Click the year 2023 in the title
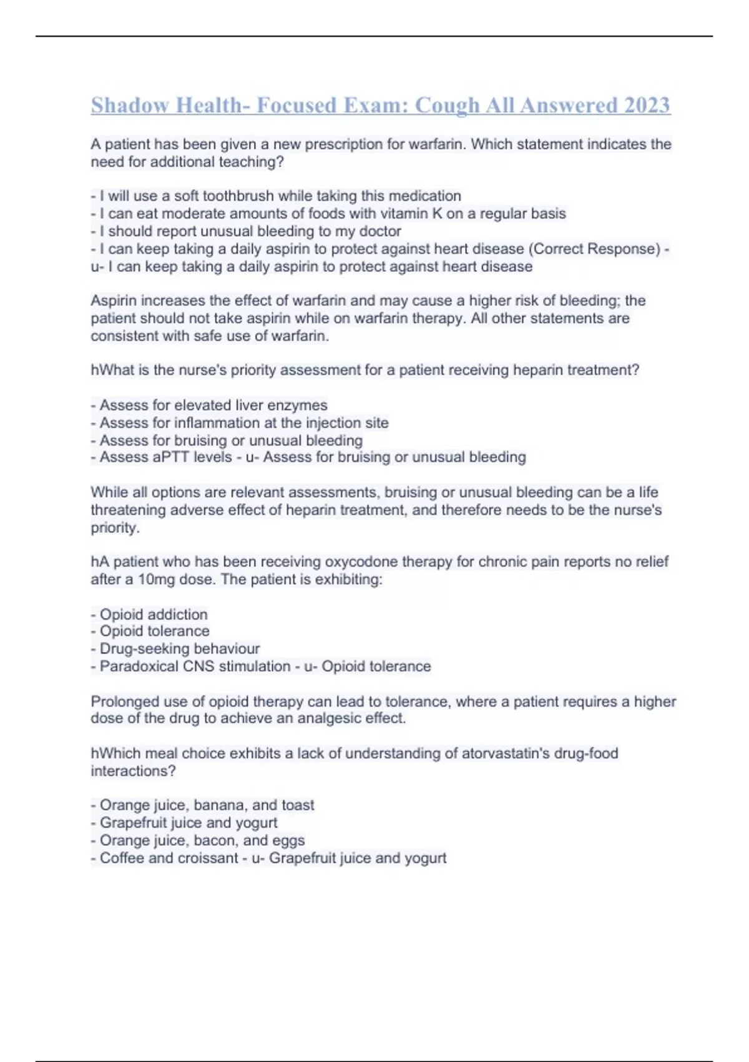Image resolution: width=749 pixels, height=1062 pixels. click(x=646, y=105)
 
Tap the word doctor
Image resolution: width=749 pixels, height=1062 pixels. click(x=379, y=231)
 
